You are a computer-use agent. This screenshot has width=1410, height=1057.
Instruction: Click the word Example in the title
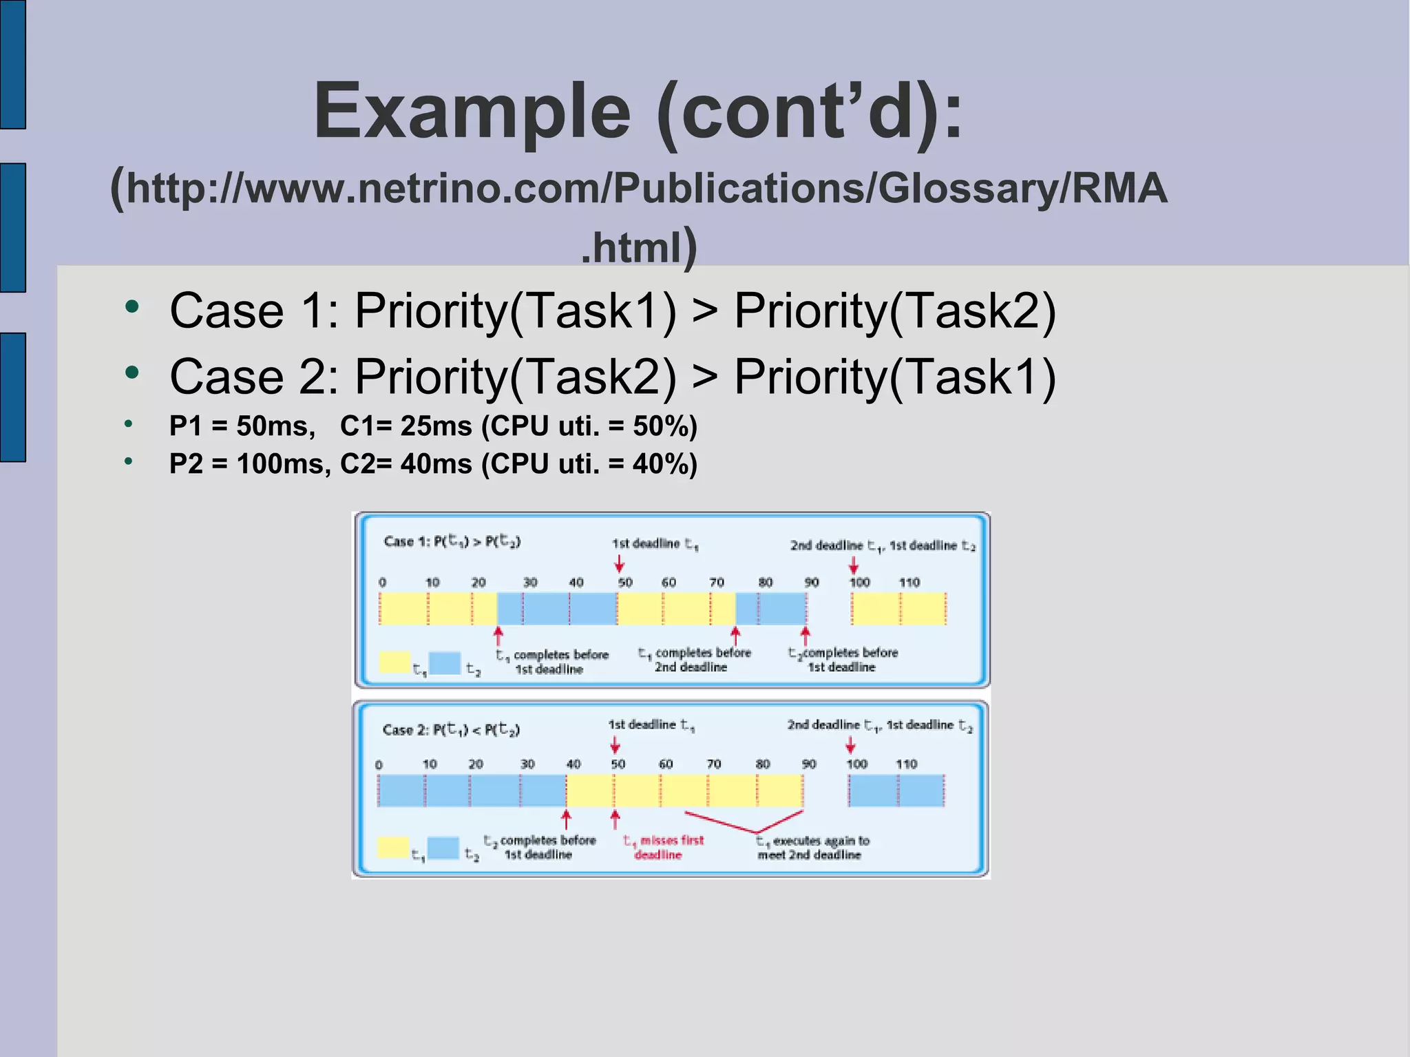tap(472, 112)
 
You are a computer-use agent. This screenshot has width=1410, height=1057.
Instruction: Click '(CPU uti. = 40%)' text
tap(589, 463)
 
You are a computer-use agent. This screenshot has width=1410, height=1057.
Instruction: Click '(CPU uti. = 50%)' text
tap(589, 426)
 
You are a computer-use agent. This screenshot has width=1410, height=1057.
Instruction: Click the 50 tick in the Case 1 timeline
tap(624, 583)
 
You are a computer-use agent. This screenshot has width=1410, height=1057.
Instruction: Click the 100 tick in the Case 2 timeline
tap(856, 764)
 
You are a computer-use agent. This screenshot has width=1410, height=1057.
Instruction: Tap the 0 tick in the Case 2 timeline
tap(379, 765)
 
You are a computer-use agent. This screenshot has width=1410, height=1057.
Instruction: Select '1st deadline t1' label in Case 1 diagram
tap(655, 544)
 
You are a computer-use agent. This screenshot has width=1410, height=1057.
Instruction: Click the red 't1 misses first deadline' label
tap(662, 848)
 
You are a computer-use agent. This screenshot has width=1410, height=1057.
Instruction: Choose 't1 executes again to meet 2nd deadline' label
tap(812, 848)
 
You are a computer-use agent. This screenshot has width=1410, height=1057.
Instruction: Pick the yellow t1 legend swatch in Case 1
tap(394, 662)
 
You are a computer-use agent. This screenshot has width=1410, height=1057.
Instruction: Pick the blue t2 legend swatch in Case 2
tap(443, 848)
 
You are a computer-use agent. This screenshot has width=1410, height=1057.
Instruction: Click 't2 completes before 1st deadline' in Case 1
tap(843, 660)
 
